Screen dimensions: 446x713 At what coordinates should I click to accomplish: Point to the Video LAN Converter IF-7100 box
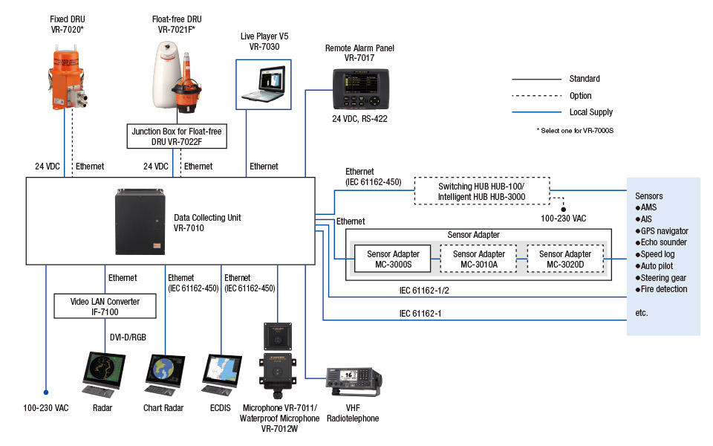(x=106, y=305)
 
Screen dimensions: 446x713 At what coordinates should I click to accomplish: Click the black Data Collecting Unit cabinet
(x=138, y=221)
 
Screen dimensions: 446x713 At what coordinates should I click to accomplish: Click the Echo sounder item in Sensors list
(x=665, y=242)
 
